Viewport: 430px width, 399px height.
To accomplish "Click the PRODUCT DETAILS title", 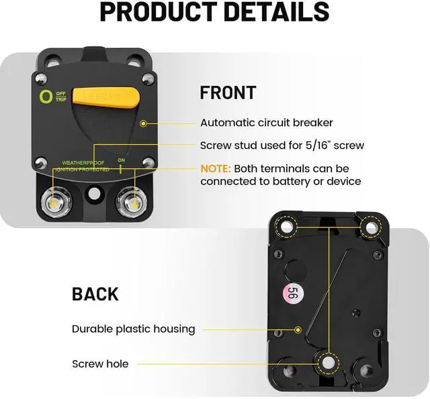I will pyautogui.click(x=214, y=12).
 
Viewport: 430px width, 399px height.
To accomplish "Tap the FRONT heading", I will pyautogui.click(x=227, y=93).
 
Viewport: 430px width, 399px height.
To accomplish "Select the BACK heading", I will pyautogui.click(x=95, y=294).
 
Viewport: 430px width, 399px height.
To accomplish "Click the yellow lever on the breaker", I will pyautogui.click(x=107, y=98).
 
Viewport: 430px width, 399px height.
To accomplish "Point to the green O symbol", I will pyautogui.click(x=46, y=97).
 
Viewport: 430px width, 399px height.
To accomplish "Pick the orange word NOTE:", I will pyautogui.click(x=216, y=168).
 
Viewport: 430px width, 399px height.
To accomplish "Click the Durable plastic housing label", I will pyautogui.click(x=133, y=329).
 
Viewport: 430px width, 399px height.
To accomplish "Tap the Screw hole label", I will pyautogui.click(x=100, y=364).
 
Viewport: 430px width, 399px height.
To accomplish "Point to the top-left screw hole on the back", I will pyautogui.click(x=287, y=228).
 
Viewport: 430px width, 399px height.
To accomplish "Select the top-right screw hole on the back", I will pyautogui.click(x=370, y=228).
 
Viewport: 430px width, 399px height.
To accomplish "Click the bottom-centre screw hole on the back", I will pyautogui.click(x=328, y=363).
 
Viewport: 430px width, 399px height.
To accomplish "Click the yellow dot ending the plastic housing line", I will pyautogui.click(x=298, y=329).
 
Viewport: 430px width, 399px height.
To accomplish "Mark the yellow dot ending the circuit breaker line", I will pyautogui.click(x=143, y=123).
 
